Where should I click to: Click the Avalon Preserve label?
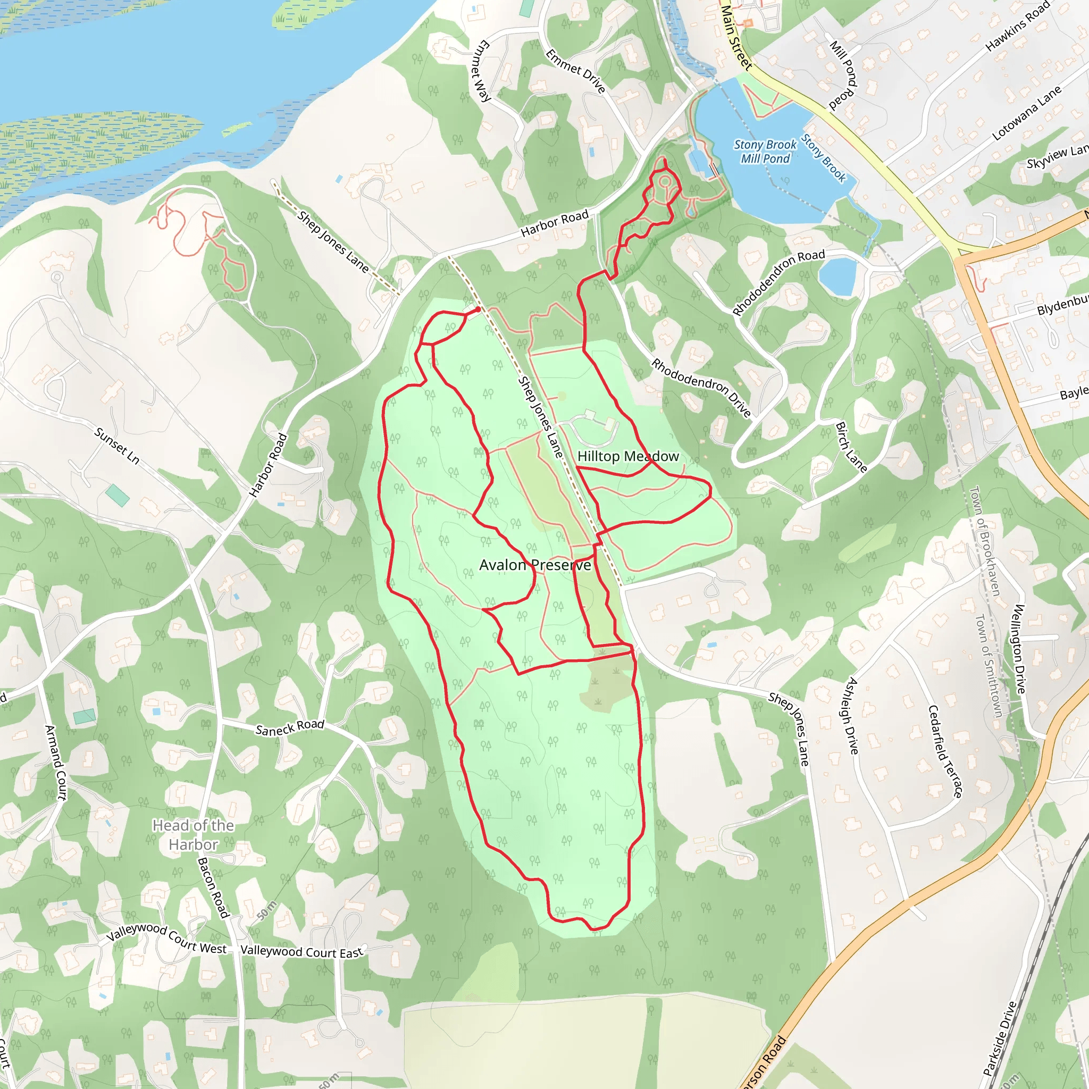[535, 565]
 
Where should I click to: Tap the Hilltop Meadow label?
[628, 456]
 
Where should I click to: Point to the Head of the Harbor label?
[193, 835]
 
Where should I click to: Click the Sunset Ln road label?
[116, 445]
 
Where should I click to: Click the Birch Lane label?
[851, 447]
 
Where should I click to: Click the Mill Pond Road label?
[843, 74]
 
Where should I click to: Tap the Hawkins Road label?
[1018, 27]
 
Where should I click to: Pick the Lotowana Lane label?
[1026, 113]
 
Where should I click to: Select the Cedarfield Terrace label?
[945, 751]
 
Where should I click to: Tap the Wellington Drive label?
[1020, 649]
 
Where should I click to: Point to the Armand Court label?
[56, 762]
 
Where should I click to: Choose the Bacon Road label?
[213, 888]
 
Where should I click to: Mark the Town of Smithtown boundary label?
[989, 666]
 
